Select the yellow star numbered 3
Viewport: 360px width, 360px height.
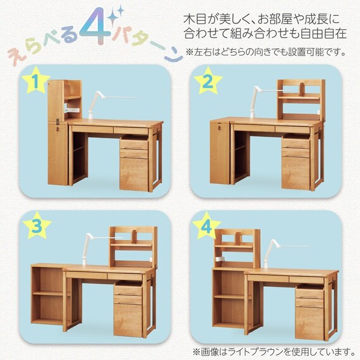pos(37,226)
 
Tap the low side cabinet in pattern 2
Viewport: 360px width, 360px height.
pos(220,152)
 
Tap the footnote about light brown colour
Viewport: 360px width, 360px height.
pos(268,349)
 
